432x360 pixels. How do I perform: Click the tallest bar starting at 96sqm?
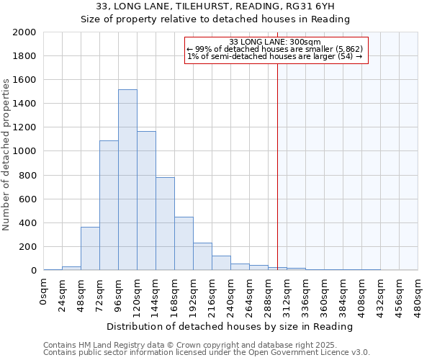(127, 180)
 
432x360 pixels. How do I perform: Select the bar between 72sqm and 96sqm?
(109, 205)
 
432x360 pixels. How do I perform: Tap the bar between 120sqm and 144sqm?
(146, 201)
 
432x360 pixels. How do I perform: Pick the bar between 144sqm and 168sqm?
(165, 224)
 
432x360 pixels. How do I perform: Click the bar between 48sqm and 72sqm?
(90, 248)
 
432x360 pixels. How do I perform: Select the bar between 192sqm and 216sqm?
(202, 256)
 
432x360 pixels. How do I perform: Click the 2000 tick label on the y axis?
(24, 32)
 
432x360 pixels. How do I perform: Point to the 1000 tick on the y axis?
(24, 151)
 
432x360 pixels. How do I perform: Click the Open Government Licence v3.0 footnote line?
(207, 353)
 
